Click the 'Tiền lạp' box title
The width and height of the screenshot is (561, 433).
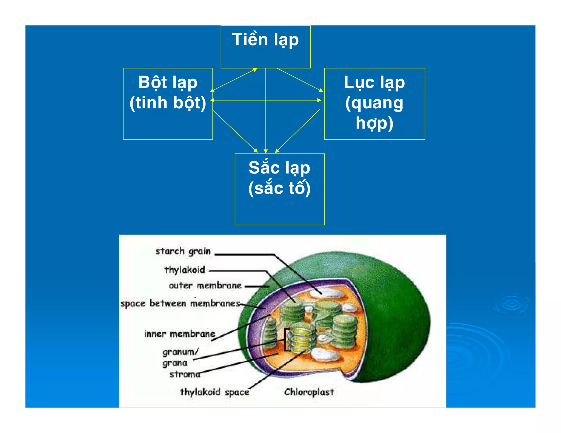[x=265, y=40]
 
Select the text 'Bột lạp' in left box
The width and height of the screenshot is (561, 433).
[x=168, y=82]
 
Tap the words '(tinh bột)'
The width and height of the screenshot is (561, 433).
[x=168, y=103]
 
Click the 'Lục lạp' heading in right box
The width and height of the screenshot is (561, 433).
[x=374, y=82]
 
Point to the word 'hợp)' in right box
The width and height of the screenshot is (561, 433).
[x=374, y=123]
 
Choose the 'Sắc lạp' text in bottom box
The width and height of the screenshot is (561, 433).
[x=279, y=168]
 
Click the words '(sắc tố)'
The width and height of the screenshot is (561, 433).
[x=279, y=188]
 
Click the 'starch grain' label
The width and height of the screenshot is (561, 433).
[x=183, y=251]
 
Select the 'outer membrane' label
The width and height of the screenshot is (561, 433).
[x=205, y=286]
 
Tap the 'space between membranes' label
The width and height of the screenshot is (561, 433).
[x=180, y=304]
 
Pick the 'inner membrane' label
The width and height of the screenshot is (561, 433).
[x=179, y=334]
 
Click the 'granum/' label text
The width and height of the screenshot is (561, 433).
[x=180, y=352]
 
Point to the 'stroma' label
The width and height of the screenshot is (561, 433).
[x=185, y=374]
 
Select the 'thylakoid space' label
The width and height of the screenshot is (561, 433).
[x=214, y=392]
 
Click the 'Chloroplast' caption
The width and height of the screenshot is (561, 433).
[x=309, y=392]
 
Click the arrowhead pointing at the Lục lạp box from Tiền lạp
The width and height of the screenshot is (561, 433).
[x=321, y=90]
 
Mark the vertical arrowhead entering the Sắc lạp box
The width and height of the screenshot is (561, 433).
[x=265, y=151]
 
